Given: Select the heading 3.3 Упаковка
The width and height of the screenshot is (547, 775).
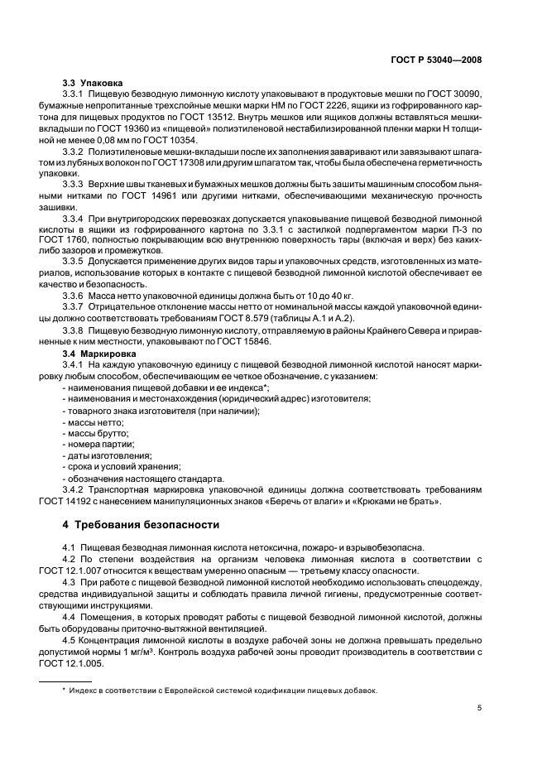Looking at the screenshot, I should click(93, 84).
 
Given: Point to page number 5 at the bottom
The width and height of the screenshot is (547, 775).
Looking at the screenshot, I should click(480, 708).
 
